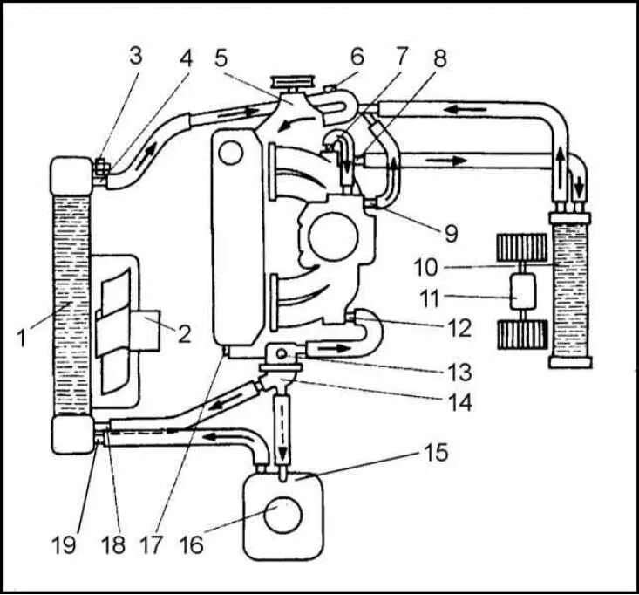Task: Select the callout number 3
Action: pos(135,57)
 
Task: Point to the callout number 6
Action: pos(356,58)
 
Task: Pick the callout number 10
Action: pos(452,264)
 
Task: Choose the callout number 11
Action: pos(452,299)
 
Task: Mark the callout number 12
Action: pos(459,329)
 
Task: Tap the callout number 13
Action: pos(459,372)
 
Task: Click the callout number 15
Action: pos(436,454)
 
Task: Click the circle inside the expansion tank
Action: pos(284,515)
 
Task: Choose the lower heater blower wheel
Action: pos(520,333)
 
